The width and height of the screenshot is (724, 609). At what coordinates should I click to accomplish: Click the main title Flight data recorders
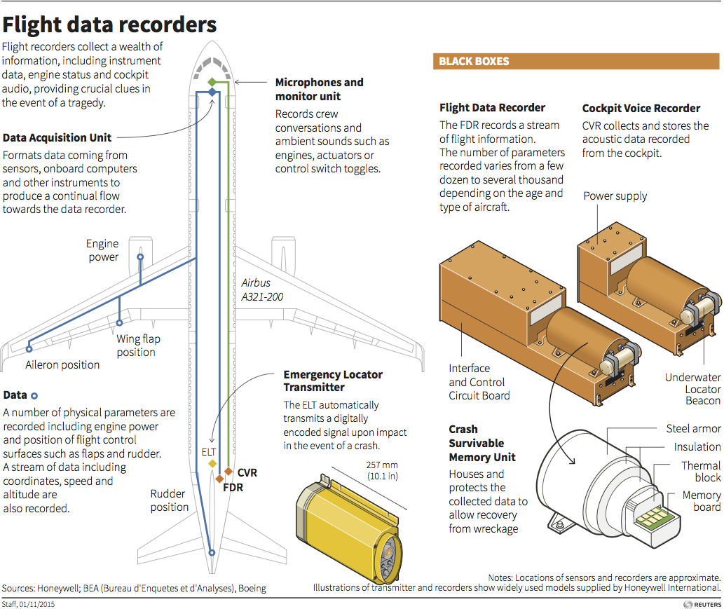[109, 25]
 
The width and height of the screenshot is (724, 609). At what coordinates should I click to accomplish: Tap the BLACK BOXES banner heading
[474, 62]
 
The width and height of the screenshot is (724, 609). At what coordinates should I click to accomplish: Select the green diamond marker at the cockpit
[212, 82]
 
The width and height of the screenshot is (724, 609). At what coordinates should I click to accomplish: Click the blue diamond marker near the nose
[212, 93]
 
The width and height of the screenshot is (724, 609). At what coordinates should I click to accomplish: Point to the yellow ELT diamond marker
[212, 463]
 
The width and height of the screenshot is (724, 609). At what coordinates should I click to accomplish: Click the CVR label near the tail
[247, 473]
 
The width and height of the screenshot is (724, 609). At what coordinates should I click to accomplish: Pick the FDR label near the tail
[233, 487]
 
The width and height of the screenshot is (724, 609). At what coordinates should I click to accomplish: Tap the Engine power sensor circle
[140, 257]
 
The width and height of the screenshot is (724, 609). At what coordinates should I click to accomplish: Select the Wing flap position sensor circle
[120, 323]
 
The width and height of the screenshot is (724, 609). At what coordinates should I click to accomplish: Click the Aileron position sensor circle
[29, 348]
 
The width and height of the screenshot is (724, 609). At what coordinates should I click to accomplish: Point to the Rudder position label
[170, 500]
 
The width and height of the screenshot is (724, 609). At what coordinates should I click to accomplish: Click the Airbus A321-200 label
[262, 290]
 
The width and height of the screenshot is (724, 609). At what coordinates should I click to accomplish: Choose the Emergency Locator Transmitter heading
[333, 381]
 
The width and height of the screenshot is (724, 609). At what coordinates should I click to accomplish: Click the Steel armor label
[693, 428]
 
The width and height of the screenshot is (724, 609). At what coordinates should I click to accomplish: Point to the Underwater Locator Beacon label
[692, 389]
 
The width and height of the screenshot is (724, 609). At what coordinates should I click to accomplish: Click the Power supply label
[615, 196]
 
